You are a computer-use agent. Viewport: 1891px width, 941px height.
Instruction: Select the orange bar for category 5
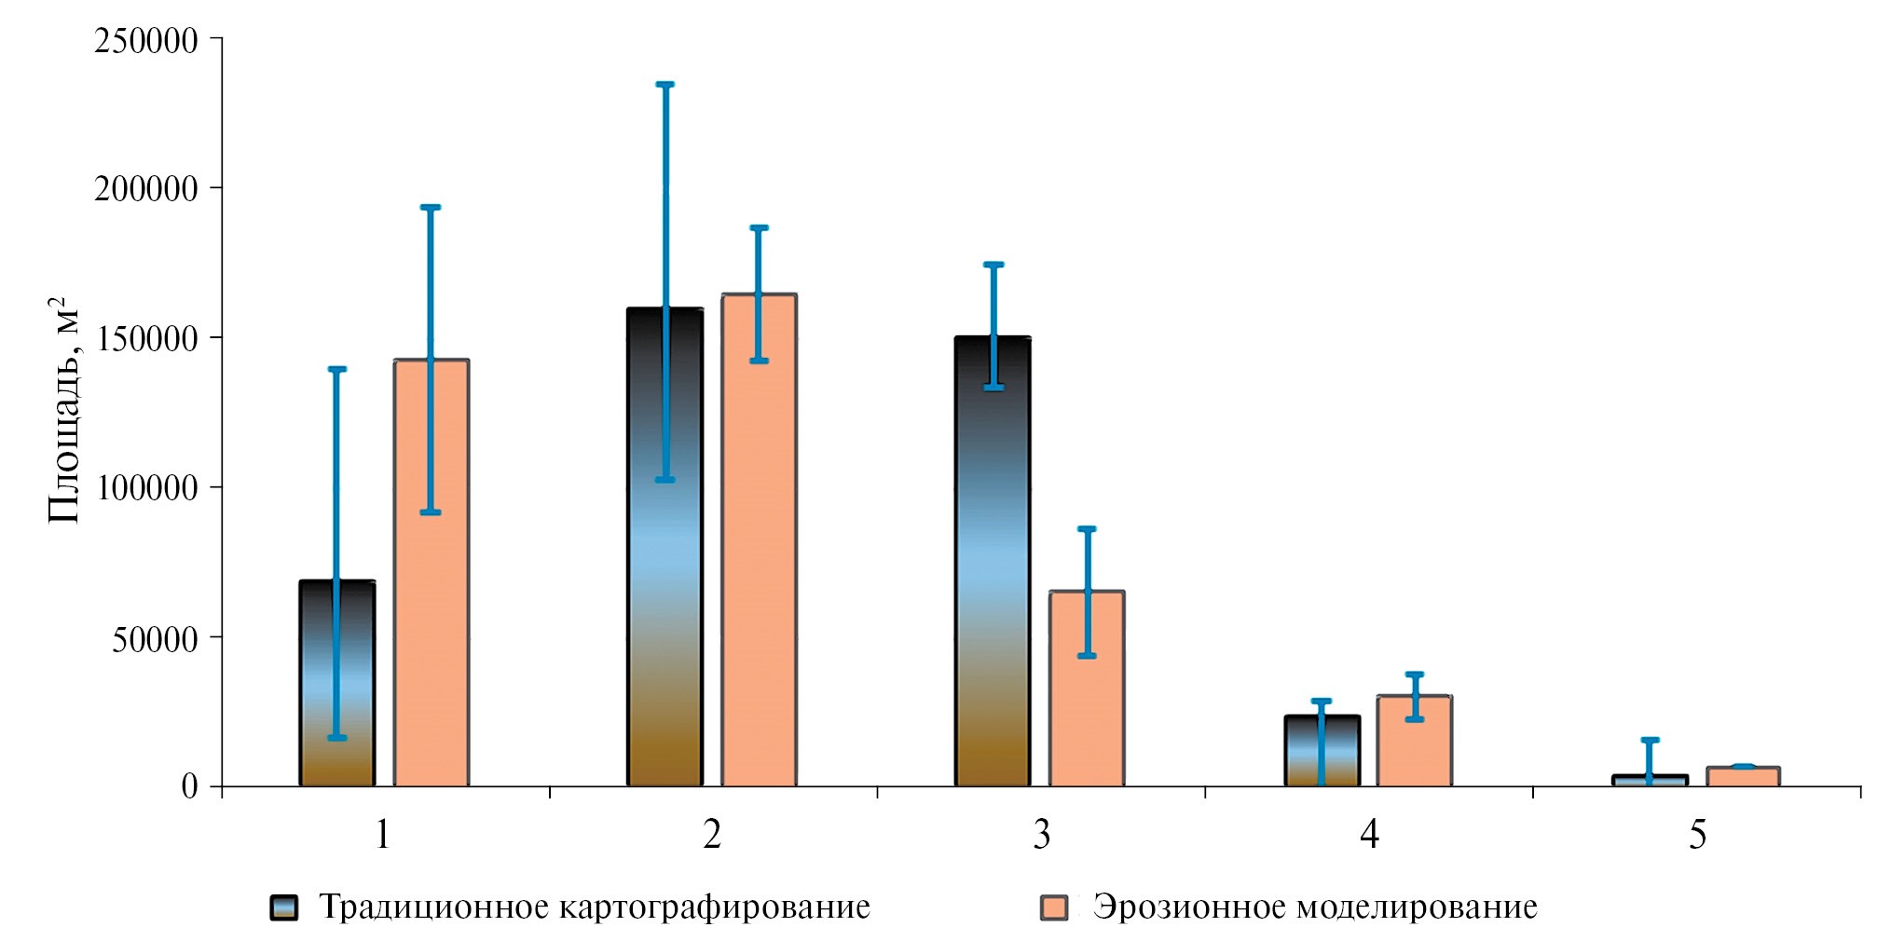1743,776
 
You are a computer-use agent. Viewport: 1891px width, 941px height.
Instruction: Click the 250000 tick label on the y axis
146,40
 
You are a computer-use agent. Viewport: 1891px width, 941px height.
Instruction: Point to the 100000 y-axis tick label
146,488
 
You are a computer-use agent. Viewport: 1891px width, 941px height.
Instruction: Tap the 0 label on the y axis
189,786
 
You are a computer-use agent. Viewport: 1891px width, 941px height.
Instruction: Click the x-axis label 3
1041,835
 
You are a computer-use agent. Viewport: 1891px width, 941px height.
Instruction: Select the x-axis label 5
1697,835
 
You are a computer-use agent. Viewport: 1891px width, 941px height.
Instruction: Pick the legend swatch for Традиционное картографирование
284,907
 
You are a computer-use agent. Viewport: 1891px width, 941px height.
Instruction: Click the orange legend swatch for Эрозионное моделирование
1054,907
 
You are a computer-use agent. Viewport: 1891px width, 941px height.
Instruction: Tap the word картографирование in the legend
714,907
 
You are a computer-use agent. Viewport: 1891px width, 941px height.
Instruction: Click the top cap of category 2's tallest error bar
665,85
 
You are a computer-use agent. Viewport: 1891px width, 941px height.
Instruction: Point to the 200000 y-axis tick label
146,189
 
